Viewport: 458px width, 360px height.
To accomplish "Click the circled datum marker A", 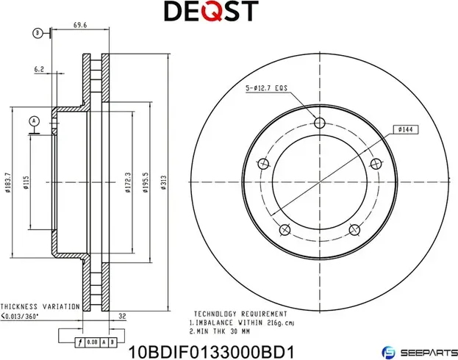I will click(33, 120).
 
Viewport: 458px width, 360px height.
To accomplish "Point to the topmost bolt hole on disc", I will click(319, 123).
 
